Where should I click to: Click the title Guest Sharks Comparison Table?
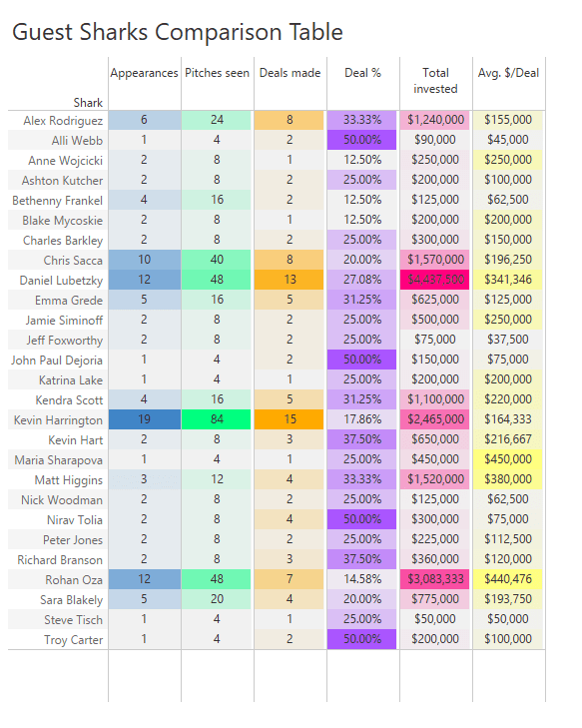pyautogui.click(x=177, y=32)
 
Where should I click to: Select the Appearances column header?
pyautogui.click(x=144, y=73)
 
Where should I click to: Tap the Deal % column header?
pyautogui.click(x=362, y=73)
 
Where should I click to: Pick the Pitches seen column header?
pyautogui.click(x=217, y=73)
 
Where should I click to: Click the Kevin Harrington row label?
pyautogui.click(x=59, y=419)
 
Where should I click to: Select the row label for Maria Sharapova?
pyautogui.click(x=59, y=459)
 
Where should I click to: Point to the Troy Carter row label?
pyautogui.click(x=74, y=639)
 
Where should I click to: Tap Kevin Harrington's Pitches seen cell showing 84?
pyautogui.click(x=217, y=419)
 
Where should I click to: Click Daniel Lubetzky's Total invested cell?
pyautogui.click(x=435, y=280)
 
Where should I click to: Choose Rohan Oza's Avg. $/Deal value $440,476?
pyautogui.click(x=508, y=579)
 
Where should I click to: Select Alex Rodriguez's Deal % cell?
pyautogui.click(x=362, y=120)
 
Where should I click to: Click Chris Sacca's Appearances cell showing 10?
pyautogui.click(x=144, y=260)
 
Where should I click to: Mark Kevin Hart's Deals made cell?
pyautogui.click(x=290, y=439)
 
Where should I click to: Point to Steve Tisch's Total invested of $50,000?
pyautogui.click(x=435, y=619)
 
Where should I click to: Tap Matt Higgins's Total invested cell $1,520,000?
pyautogui.click(x=435, y=479)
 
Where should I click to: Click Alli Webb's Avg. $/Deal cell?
pyautogui.click(x=508, y=140)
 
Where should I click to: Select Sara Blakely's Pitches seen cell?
pyautogui.click(x=217, y=599)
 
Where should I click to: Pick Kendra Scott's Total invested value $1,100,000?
pyautogui.click(x=435, y=399)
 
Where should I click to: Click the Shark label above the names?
pyautogui.click(x=88, y=102)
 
